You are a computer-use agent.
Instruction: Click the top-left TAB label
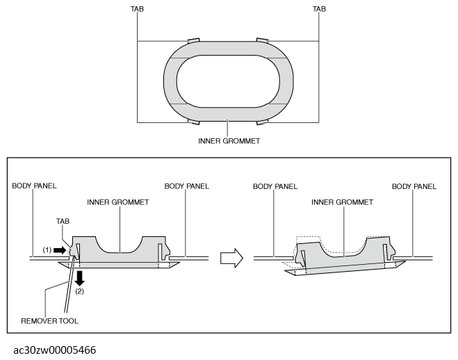pyautogui.click(x=137, y=9)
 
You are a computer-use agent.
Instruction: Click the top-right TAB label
pyautogui.click(x=319, y=9)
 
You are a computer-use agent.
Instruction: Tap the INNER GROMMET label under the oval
pyautogui.click(x=229, y=141)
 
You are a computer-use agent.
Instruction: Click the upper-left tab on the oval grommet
pyautogui.click(x=193, y=40)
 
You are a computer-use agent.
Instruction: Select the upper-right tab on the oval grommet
pyautogui.click(x=262, y=40)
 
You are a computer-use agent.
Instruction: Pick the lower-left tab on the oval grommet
pyautogui.click(x=193, y=122)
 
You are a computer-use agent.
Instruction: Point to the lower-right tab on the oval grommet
pyautogui.click(x=262, y=122)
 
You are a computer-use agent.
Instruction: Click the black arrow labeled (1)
pyautogui.click(x=60, y=250)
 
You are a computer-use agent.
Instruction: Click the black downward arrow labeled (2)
pyautogui.click(x=79, y=278)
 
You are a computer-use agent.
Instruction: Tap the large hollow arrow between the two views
pyautogui.click(x=231, y=258)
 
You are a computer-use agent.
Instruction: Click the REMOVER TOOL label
pyautogui.click(x=49, y=321)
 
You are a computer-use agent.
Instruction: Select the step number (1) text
pyautogui.click(x=47, y=250)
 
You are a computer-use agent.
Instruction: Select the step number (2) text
pyautogui.click(x=79, y=291)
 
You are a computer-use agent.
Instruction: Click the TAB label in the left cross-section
pyautogui.click(x=63, y=221)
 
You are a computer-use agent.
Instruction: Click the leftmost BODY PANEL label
pyautogui.click(x=34, y=186)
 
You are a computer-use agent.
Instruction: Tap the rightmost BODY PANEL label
pyautogui.click(x=414, y=186)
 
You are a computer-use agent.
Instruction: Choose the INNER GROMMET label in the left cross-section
pyautogui.click(x=118, y=202)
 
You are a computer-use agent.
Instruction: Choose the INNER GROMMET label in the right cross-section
pyautogui.click(x=342, y=202)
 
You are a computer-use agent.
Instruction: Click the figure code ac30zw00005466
pyautogui.click(x=55, y=350)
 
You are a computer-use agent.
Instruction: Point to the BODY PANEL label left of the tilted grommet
pyautogui.click(x=275, y=186)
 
